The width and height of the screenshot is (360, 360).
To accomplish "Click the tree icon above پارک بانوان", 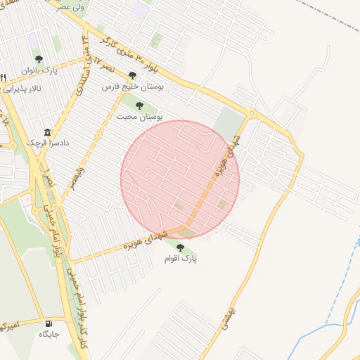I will (39, 59).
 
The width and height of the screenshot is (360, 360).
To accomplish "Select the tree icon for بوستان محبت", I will (139, 105).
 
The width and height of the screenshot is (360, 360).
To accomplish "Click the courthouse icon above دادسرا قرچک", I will (47, 132).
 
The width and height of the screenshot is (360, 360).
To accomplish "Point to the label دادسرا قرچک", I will (45, 143).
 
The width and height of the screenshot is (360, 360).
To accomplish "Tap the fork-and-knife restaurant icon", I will (4, 77).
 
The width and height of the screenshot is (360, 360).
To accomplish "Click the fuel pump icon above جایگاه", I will (49, 324).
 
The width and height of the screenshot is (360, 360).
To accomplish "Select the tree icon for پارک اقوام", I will (180, 247).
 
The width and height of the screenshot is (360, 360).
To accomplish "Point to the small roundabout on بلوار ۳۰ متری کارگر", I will (252, 112).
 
